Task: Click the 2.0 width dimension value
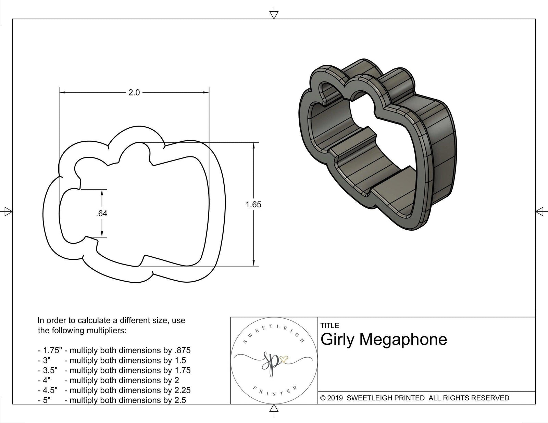pyautogui.click(x=134, y=92)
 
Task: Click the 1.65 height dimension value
pyautogui.click(x=253, y=205)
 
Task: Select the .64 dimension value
pyautogui.click(x=102, y=214)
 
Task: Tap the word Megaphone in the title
pyautogui.click(x=403, y=339)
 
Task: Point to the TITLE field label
pyautogui.click(x=330, y=325)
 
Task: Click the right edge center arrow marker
pyautogui.click(x=540, y=211)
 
